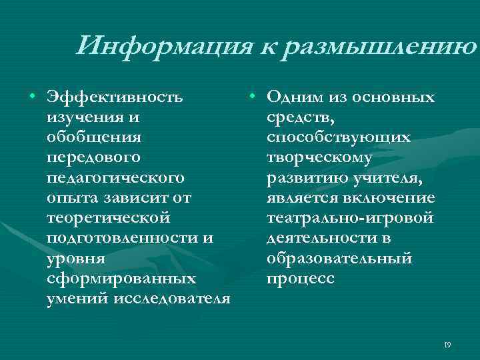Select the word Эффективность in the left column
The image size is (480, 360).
point(115,98)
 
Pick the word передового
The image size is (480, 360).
point(93,158)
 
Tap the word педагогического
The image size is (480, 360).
point(115,178)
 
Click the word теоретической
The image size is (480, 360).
point(109,218)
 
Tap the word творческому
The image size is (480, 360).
point(319,158)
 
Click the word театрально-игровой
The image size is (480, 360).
point(349,218)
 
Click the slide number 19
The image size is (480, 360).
point(447,345)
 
